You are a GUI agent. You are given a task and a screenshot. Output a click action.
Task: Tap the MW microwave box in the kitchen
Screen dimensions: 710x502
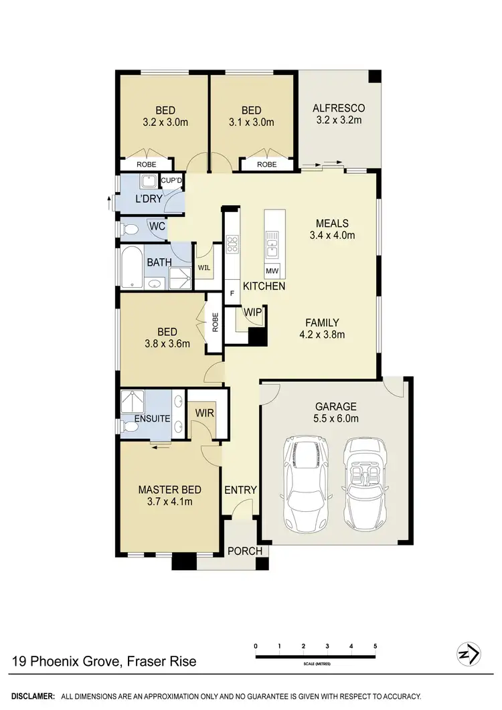pos(272,271)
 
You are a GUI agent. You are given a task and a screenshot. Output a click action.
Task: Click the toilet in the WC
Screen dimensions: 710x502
pos(130,230)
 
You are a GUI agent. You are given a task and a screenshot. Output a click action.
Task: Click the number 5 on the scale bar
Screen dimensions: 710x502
pos(375,646)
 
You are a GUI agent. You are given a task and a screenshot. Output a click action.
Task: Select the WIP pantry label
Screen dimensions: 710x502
pos(253,313)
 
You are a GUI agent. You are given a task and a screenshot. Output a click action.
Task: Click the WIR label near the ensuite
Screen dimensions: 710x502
pos(205,413)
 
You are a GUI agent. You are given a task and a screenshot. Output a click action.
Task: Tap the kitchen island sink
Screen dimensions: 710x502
pos(272,244)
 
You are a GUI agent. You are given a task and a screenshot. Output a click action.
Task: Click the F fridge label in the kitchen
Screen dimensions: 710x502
pos(232,293)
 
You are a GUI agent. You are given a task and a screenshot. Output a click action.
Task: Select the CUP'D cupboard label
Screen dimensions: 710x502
pos(172,180)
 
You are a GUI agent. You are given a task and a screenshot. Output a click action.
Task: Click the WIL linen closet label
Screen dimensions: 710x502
pos(204,268)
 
